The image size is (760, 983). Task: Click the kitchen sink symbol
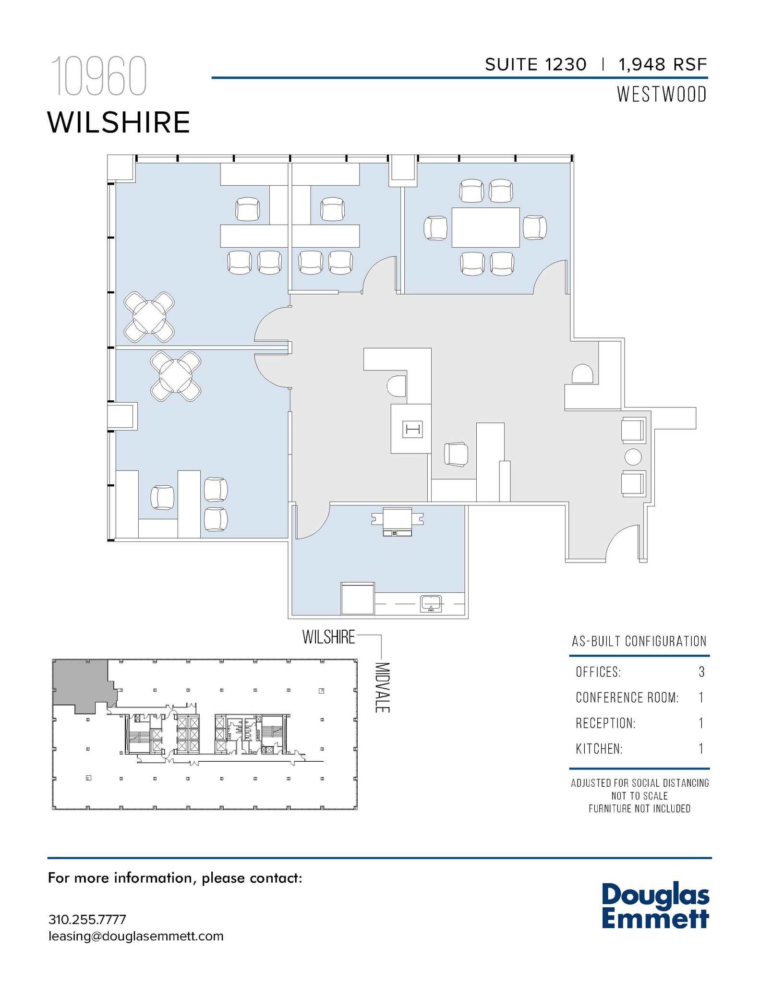[431, 603]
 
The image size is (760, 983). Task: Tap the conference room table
[485, 227]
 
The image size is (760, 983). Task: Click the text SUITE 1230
[535, 65]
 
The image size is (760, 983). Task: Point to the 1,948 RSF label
[663, 65]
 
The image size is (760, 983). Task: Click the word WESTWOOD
[662, 95]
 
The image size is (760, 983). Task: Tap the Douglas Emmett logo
[655, 906]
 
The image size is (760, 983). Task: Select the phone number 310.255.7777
[87, 920]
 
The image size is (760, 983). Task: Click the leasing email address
[136, 936]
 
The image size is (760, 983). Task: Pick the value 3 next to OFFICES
[701, 672]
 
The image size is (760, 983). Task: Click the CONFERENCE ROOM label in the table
[627, 697]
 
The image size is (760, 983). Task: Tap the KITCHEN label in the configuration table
[599, 749]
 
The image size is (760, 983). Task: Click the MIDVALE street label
[382, 687]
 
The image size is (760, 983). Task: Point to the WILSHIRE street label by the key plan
[329, 637]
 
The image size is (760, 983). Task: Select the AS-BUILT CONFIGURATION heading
[639, 641]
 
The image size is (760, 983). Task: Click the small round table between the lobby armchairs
[633, 457]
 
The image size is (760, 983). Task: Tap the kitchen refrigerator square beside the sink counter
[357, 599]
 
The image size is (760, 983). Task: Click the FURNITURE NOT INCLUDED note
[639, 809]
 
